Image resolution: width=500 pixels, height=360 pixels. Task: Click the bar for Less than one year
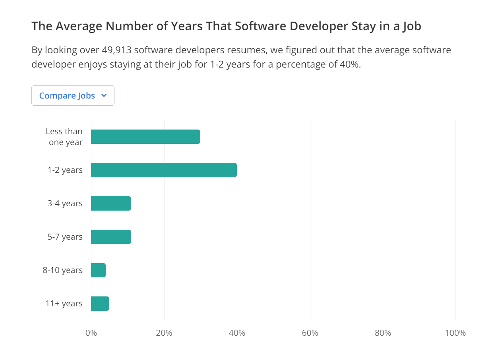pos(145,137)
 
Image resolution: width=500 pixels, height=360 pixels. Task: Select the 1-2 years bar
pos(164,170)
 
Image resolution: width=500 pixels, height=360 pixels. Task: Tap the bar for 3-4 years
pos(111,203)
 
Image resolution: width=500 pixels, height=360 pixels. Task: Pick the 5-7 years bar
pos(111,237)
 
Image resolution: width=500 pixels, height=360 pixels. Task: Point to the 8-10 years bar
pos(98,270)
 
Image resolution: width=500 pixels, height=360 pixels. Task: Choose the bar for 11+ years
pos(100,304)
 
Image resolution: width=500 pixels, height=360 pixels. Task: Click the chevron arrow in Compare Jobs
pos(104,96)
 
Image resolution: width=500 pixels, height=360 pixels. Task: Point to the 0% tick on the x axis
pos(91,333)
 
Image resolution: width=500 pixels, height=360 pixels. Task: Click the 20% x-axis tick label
pos(164,333)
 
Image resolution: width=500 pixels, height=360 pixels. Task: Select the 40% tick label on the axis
pos(237,333)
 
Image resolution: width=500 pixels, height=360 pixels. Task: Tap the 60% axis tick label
pos(310,333)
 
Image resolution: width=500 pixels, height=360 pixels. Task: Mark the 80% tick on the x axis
pos(383,333)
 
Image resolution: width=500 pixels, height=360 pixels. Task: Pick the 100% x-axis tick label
pos(455,333)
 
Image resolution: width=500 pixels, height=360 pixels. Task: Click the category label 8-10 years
pos(63,270)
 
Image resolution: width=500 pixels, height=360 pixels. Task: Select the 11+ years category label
pos(64,304)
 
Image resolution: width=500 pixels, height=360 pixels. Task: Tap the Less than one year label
pos(64,137)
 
